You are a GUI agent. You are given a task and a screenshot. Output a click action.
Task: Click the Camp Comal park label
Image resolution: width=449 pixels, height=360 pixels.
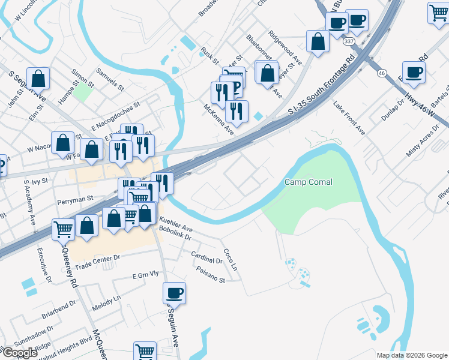(x=309, y=182)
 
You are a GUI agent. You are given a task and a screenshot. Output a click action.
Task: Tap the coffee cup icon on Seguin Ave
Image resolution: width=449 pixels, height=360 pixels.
(x=175, y=293)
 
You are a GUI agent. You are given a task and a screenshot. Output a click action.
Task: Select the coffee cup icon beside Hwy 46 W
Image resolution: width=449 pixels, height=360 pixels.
(x=414, y=73)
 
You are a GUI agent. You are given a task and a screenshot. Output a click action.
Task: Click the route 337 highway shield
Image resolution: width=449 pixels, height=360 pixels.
(x=349, y=42)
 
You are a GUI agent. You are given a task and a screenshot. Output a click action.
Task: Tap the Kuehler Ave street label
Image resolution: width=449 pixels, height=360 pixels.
(x=175, y=229)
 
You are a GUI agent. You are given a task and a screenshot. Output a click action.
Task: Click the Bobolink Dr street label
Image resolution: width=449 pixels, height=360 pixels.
(x=175, y=238)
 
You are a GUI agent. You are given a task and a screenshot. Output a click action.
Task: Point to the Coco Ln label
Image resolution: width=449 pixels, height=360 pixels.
(x=230, y=259)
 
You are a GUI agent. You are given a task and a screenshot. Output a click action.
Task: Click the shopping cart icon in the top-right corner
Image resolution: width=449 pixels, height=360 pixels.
(x=438, y=13)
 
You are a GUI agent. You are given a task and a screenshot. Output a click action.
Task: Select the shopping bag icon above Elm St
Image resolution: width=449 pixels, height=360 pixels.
(x=38, y=78)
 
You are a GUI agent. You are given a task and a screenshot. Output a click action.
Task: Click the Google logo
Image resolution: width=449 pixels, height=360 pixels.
(x=19, y=352)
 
